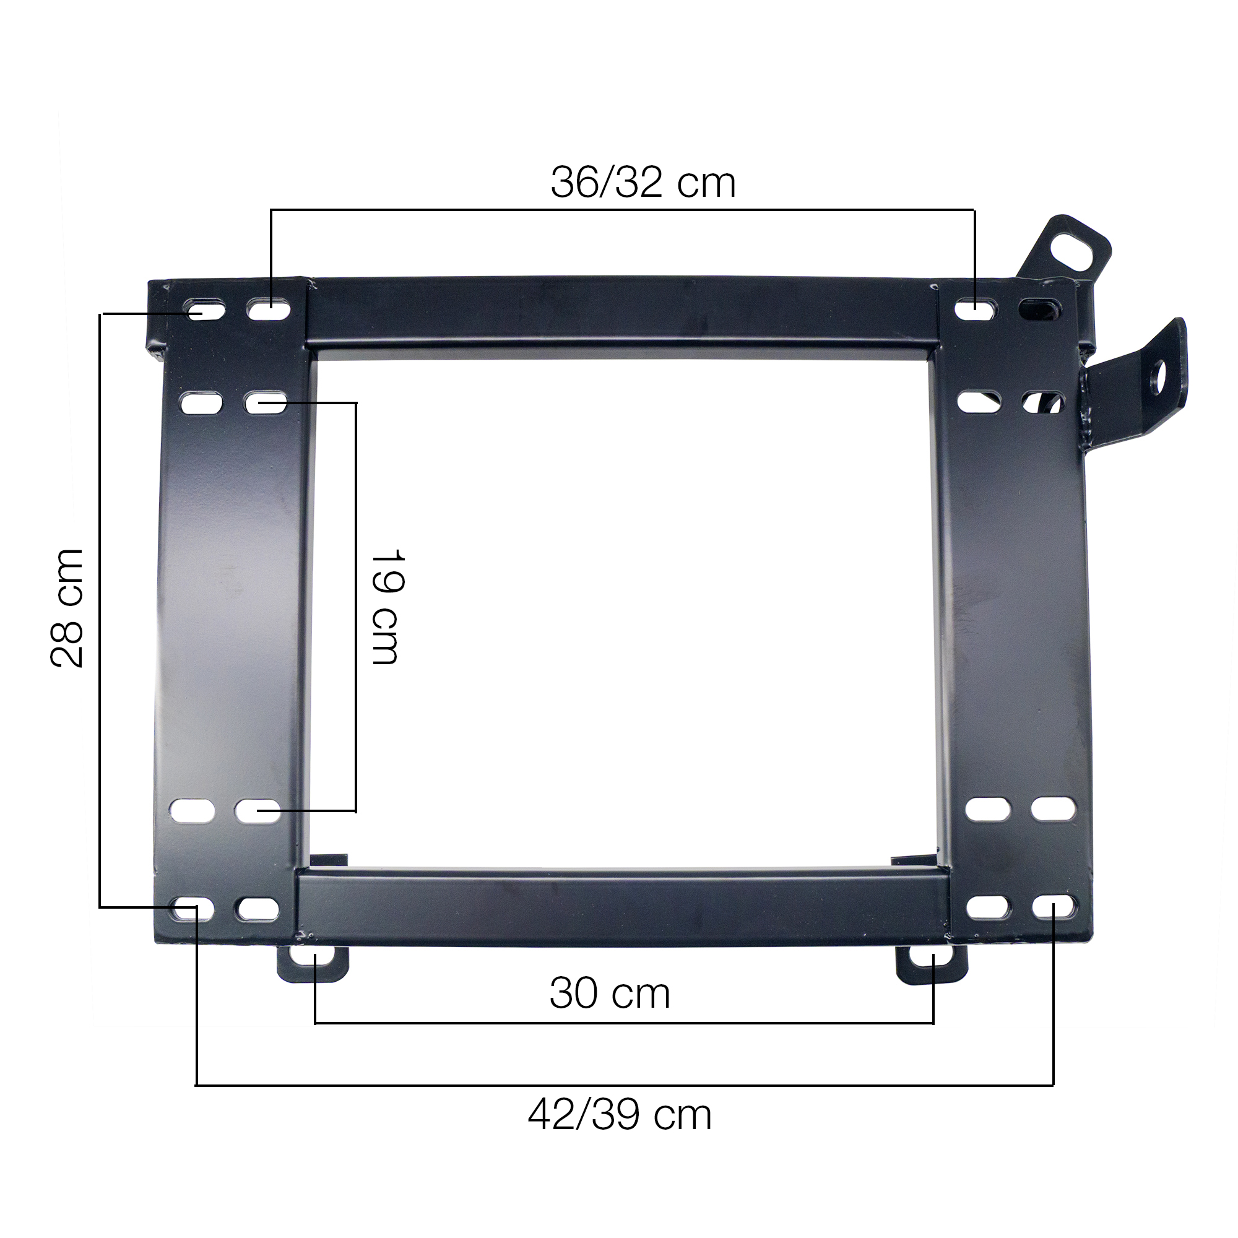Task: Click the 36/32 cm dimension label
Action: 643,183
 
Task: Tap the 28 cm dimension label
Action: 67,608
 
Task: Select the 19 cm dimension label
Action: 386,606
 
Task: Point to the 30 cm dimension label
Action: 609,993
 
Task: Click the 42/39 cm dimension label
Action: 620,1115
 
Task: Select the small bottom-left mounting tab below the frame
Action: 313,963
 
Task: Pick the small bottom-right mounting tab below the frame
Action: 931,964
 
